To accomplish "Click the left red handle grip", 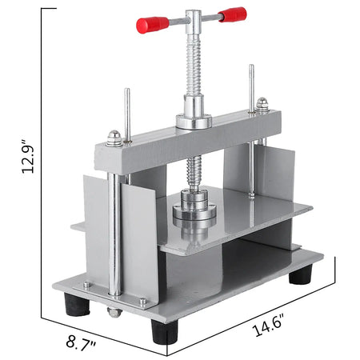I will tap(149, 26).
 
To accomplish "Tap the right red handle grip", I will tap(232, 14).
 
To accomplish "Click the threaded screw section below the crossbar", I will tap(194, 171).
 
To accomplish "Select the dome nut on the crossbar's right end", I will tap(262, 104).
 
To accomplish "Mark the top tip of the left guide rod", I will tap(126, 90).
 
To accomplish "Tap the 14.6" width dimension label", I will tap(270, 328).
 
